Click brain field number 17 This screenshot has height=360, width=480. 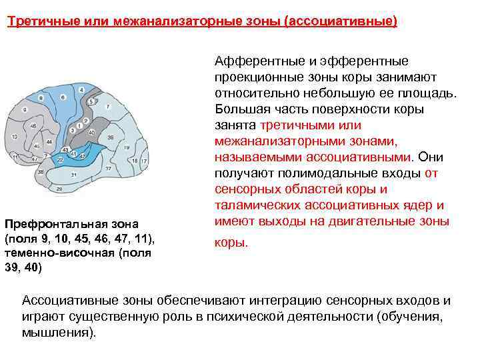pos(144,161)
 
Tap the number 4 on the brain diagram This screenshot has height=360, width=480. pos(82,90)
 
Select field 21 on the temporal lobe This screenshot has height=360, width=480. pos(73,175)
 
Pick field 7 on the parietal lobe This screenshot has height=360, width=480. pos(108,107)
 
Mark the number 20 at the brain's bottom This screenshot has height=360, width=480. pos(59,189)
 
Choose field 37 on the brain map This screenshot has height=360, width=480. pos(108,169)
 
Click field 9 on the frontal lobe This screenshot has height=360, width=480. pos(25,110)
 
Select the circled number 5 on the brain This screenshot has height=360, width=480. pos(91,101)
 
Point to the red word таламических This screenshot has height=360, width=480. pos(257,205)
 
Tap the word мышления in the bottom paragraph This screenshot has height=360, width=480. pos(56,332)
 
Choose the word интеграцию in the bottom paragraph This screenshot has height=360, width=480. pos(245,300)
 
